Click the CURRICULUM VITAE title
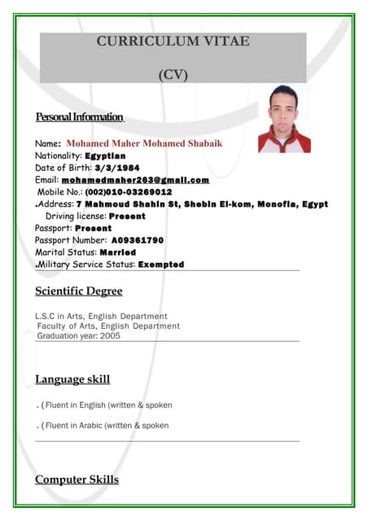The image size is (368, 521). point(173,42)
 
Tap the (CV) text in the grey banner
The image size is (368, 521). point(173,76)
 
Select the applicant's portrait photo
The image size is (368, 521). point(284,119)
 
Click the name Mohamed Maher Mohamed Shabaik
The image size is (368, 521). point(144,143)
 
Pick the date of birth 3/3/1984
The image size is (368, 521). point(117,168)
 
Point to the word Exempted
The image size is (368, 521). point(161,265)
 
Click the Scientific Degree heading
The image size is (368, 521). point(79,291)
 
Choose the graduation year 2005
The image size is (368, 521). point(110,335)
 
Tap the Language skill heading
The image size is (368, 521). point(72,379)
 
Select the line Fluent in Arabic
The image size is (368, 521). point(107,426)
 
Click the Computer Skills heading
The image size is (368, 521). point(77,479)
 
